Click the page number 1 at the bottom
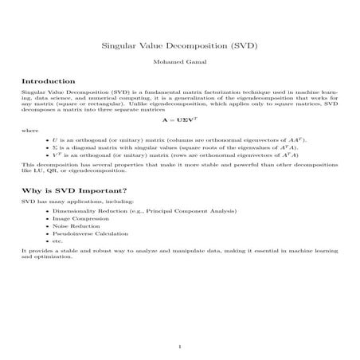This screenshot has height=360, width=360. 180,346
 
